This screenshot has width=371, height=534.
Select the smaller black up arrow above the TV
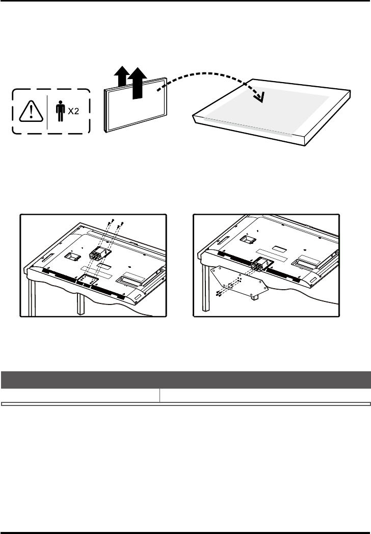[x=120, y=77]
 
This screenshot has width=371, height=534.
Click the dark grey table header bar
[x=185, y=380]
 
